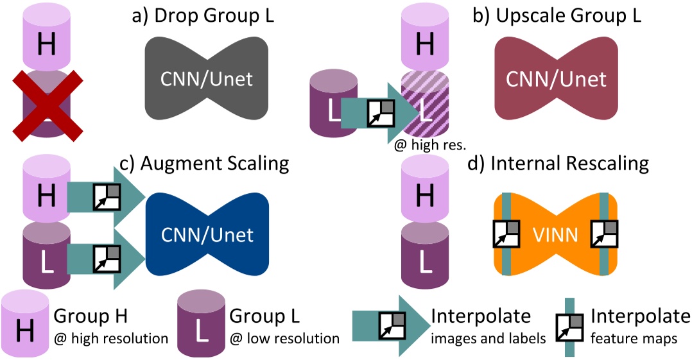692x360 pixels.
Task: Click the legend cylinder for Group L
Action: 202,327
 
